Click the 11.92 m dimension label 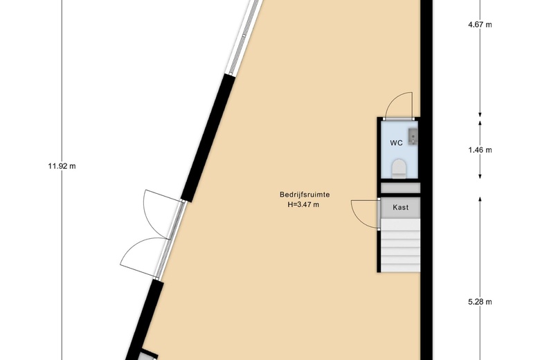[x=62, y=166]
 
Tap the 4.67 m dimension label [x=480, y=24]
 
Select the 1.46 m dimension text [x=480, y=150]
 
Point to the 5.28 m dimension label [x=480, y=302]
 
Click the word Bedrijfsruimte [x=305, y=195]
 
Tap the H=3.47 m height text [x=304, y=205]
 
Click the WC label [x=396, y=143]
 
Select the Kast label [x=401, y=208]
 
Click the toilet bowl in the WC [x=399, y=169]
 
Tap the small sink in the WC [x=413, y=136]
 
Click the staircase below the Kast [x=401, y=245]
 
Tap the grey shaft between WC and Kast [x=401, y=188]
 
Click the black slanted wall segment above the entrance [x=208, y=138]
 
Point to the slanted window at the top [x=245, y=36]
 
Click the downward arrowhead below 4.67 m [x=480, y=115]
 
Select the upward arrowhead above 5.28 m [x=480, y=199]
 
